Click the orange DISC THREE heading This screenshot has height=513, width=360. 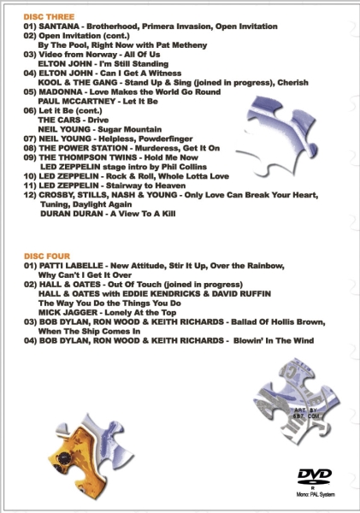(x=49, y=17)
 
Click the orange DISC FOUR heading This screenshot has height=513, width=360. (x=47, y=256)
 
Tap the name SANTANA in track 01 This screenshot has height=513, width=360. (x=59, y=27)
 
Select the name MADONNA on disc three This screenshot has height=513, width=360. (x=60, y=92)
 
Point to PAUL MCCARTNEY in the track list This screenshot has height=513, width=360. (x=77, y=102)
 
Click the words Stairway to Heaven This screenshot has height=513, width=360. (x=145, y=186)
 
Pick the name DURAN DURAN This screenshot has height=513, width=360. (x=71, y=214)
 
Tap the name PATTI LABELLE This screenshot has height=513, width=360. (x=71, y=266)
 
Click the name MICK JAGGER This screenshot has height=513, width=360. (x=68, y=313)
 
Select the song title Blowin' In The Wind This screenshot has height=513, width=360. (x=274, y=341)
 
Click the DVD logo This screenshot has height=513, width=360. (x=314, y=476)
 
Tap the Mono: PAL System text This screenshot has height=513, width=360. (x=316, y=494)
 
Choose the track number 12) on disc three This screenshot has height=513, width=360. (x=30, y=195)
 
